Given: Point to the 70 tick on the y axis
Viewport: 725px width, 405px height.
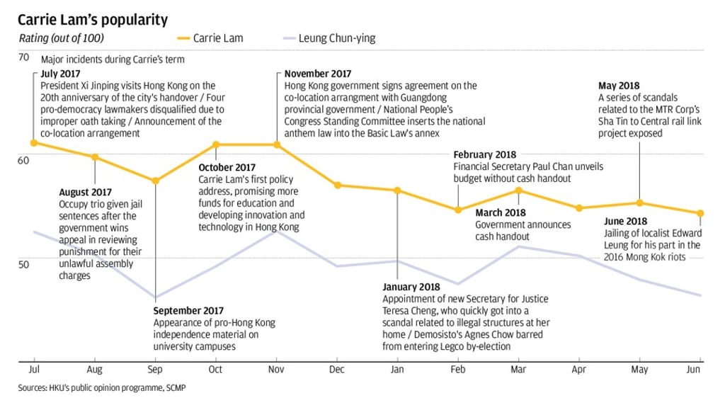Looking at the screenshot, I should click(x=23, y=57).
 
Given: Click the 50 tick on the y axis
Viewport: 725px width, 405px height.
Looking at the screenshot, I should click(x=23, y=264).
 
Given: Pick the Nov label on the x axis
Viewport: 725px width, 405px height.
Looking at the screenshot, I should click(x=276, y=370).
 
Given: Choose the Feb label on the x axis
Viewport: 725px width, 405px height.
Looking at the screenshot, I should click(x=458, y=370).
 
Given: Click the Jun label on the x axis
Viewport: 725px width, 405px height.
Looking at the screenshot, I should click(x=694, y=370).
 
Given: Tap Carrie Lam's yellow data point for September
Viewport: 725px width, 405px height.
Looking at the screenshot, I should click(x=156, y=181).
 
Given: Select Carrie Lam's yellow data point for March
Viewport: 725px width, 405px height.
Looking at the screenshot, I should click(x=519, y=190).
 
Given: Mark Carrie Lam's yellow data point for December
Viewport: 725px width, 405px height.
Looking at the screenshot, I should click(x=337, y=185).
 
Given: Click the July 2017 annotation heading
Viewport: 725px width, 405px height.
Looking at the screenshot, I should click(x=61, y=74).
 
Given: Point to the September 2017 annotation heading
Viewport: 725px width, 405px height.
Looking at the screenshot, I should click(x=188, y=311).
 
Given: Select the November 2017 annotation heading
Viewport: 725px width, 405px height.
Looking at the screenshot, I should click(x=318, y=74).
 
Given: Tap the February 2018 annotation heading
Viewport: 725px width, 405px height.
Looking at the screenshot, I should click(x=486, y=154).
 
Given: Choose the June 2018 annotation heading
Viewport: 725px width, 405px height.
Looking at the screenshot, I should click(x=625, y=222).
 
